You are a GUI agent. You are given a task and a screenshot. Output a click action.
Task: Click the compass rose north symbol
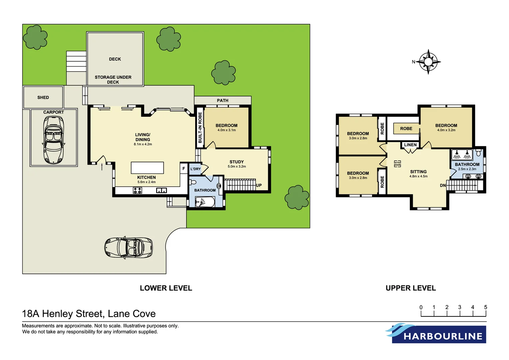pos(428,62)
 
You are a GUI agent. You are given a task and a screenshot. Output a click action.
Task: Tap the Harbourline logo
pos(436,333)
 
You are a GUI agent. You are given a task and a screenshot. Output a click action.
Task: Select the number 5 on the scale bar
pos(485,307)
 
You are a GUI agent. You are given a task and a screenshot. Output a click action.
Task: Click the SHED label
pos(43,97)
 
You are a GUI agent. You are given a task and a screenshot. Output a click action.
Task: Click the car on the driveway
pos(129,248)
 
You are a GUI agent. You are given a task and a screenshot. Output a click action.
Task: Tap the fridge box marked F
pos(184,169)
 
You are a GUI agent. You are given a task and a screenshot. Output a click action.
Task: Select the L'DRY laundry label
pos(196,169)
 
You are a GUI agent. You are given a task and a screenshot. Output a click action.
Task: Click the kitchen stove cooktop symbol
pos(138,190)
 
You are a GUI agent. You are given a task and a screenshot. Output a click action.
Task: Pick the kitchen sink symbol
pos(162,190)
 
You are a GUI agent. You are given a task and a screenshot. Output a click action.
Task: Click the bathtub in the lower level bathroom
pos(205,202)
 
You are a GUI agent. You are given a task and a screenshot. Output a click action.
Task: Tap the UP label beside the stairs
pos(259,185)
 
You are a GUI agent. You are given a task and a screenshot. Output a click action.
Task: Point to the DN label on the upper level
pos(443,185)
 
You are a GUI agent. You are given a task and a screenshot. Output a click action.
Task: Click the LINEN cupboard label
pos(410,145)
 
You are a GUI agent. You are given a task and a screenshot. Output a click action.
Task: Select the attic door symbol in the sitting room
pos(397,164)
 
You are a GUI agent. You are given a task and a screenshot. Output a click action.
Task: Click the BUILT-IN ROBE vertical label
pos(200,127)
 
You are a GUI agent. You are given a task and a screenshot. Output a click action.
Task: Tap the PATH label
pos(223,100)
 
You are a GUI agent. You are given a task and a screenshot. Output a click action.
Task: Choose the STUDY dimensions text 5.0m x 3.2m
pos(237,166)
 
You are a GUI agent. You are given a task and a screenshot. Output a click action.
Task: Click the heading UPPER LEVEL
pos(410,288)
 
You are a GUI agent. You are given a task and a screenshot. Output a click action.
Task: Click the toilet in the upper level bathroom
pos(478,153)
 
